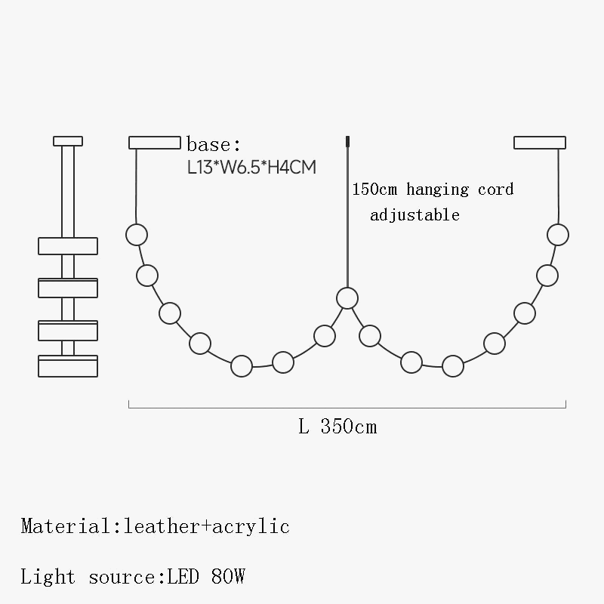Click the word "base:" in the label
(x=213, y=145)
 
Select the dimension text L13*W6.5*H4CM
(x=251, y=167)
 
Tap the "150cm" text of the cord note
(x=376, y=190)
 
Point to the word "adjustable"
(x=414, y=215)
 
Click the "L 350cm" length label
(x=337, y=427)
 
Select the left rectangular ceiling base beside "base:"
(x=155, y=143)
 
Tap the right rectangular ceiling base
(x=540, y=143)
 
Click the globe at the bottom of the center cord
(x=347, y=298)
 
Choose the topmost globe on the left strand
(x=137, y=234)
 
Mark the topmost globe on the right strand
(x=558, y=234)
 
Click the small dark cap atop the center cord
(x=347, y=141)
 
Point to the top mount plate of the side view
(x=68, y=141)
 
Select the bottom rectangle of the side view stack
(x=68, y=366)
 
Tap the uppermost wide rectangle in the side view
(x=68, y=246)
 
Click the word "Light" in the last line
(x=48, y=578)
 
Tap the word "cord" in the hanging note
(x=496, y=190)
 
